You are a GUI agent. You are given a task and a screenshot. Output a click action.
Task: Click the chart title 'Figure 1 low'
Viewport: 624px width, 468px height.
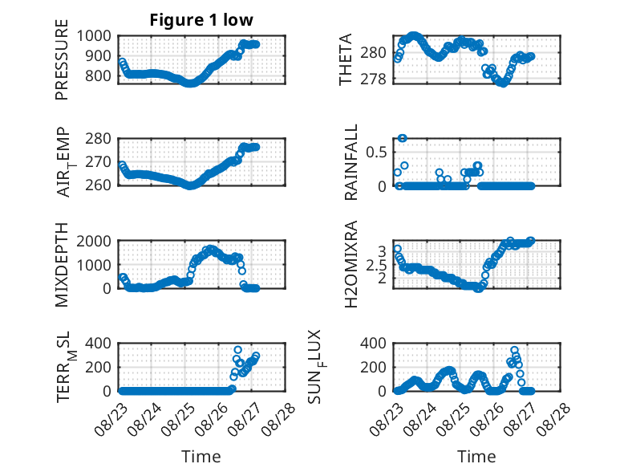(x=201, y=20)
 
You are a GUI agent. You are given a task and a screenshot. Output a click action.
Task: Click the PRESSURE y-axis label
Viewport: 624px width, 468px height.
(x=62, y=59)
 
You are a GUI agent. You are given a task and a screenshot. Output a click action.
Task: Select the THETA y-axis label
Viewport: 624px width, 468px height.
(x=345, y=59)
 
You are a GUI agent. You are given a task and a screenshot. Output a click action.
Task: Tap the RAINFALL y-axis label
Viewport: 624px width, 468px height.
(x=350, y=162)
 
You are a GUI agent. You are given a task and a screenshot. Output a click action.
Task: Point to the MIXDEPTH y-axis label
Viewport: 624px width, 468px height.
(x=62, y=265)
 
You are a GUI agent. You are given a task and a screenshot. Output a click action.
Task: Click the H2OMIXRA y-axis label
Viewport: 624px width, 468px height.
(x=350, y=264)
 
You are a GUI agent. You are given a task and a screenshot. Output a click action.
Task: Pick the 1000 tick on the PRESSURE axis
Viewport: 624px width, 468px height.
(x=94, y=36)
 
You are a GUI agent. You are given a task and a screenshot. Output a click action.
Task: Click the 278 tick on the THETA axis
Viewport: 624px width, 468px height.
(x=373, y=79)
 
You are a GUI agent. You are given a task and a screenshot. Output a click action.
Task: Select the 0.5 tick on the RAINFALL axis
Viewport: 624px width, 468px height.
(x=376, y=153)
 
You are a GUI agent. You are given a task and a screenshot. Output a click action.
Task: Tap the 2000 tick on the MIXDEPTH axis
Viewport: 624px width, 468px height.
(x=94, y=241)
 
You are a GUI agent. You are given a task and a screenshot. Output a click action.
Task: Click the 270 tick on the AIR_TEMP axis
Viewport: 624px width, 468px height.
(x=99, y=162)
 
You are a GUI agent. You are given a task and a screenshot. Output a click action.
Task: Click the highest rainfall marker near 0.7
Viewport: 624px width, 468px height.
(x=403, y=138)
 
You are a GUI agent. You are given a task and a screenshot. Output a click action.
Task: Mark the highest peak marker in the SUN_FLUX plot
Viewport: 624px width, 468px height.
(x=514, y=350)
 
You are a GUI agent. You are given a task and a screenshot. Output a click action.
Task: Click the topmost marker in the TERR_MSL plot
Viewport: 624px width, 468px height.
(x=237, y=350)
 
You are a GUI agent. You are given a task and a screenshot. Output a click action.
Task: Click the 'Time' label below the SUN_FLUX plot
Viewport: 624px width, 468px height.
(x=476, y=457)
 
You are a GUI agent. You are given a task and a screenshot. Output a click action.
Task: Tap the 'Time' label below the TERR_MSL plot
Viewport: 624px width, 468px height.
(x=201, y=457)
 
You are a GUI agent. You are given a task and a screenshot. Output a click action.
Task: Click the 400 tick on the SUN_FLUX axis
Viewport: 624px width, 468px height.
(x=373, y=344)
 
